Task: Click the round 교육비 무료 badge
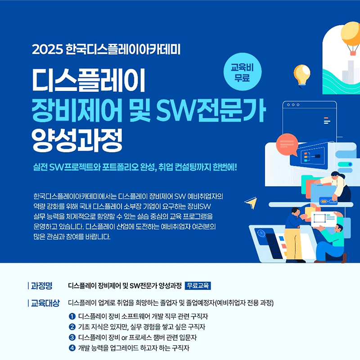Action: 243,72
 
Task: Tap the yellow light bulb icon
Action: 301,76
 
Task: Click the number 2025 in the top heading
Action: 47,49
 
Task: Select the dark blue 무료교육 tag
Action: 198,286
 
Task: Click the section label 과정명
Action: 41,286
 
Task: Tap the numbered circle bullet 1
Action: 72,316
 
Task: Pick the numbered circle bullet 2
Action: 72,327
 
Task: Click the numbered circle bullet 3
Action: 72,337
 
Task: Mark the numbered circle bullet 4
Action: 72,348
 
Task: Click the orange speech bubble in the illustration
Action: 287,144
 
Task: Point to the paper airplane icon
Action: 251,203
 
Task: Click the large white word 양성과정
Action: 77,140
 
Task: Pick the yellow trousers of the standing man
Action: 293,243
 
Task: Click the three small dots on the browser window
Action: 293,105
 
